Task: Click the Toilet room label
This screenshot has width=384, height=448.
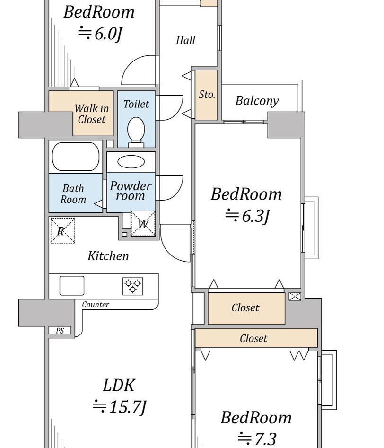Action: [136, 104]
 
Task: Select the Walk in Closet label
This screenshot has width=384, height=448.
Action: [92, 114]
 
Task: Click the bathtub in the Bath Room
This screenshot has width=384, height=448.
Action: [76, 157]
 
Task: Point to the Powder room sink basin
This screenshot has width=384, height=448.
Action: [131, 161]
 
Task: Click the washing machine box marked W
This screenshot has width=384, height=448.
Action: [143, 223]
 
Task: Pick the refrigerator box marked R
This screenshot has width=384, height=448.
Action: [62, 230]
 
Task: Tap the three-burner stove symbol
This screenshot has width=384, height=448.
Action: [133, 285]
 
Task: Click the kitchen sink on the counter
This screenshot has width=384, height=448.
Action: [72, 285]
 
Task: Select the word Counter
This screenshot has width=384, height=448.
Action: [96, 305]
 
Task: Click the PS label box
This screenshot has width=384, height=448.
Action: [60, 331]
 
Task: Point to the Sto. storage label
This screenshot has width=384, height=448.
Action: [207, 95]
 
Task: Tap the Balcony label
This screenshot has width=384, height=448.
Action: [257, 101]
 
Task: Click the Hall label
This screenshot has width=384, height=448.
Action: [185, 41]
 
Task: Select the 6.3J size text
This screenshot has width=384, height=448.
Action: [247, 216]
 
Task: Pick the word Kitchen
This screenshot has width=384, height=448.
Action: [108, 256]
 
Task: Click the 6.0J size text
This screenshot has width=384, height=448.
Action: [100, 34]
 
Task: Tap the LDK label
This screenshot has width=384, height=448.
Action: [119, 385]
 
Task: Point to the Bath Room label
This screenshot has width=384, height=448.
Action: [73, 194]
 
